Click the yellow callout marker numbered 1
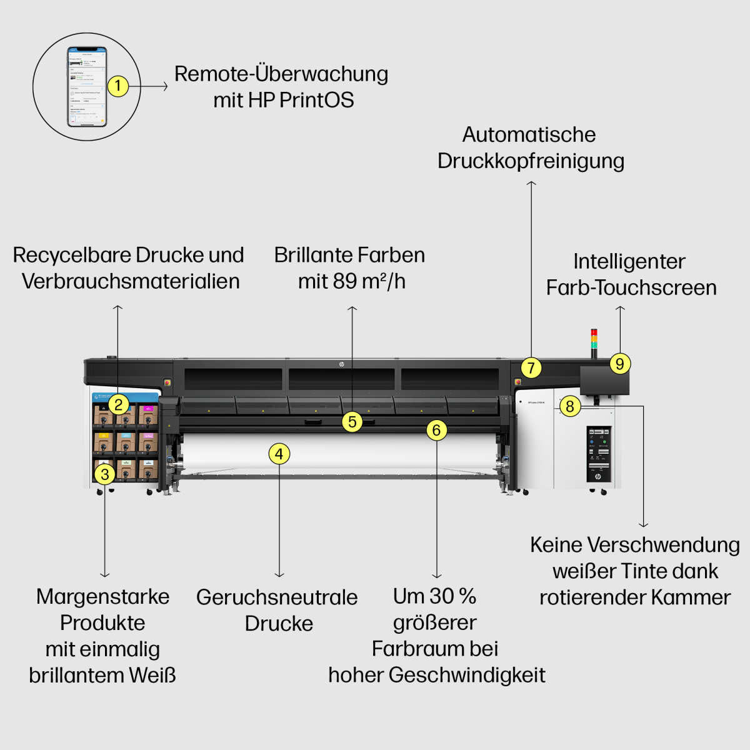pyautogui.click(x=118, y=86)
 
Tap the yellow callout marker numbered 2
pyautogui.click(x=119, y=404)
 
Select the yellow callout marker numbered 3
pyautogui.click(x=105, y=474)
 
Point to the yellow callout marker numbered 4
pyautogui.click(x=279, y=454)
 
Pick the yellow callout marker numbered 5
pyautogui.click(x=352, y=422)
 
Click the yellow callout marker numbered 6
pyautogui.click(x=437, y=430)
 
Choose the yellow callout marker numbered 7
pyautogui.click(x=531, y=367)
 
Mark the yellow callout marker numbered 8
pyautogui.click(x=570, y=406)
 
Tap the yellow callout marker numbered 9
pyautogui.click(x=620, y=364)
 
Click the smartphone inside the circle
pyautogui.click(x=87, y=86)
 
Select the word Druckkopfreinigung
pyautogui.click(x=531, y=161)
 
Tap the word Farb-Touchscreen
pyautogui.click(x=631, y=287)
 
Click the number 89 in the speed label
pyautogui.click(x=345, y=281)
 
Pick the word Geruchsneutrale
pyautogui.click(x=277, y=597)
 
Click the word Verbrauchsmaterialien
pyautogui.click(x=131, y=281)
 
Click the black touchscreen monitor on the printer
pyautogui.click(x=604, y=380)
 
